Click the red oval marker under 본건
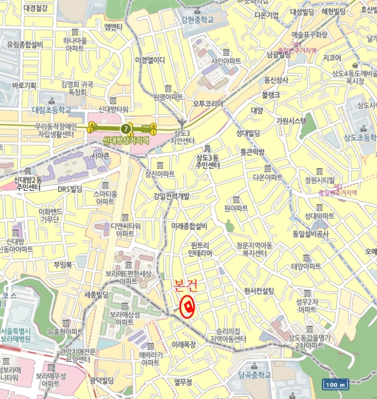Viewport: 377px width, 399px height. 187,307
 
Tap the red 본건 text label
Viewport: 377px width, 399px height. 187,287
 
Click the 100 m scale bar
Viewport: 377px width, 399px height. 335,384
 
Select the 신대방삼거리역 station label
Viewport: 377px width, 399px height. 126,139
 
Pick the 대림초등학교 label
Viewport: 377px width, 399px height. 51,109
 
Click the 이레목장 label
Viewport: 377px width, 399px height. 184,345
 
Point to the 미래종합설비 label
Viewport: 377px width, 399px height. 189,226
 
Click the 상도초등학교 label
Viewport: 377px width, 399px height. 359,138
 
